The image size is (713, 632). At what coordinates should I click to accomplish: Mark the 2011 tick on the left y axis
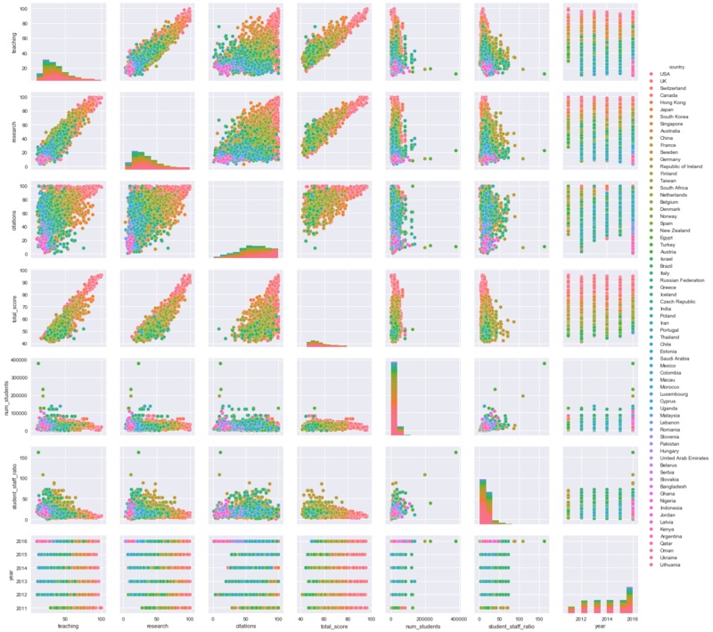pyautogui.click(x=21, y=608)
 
